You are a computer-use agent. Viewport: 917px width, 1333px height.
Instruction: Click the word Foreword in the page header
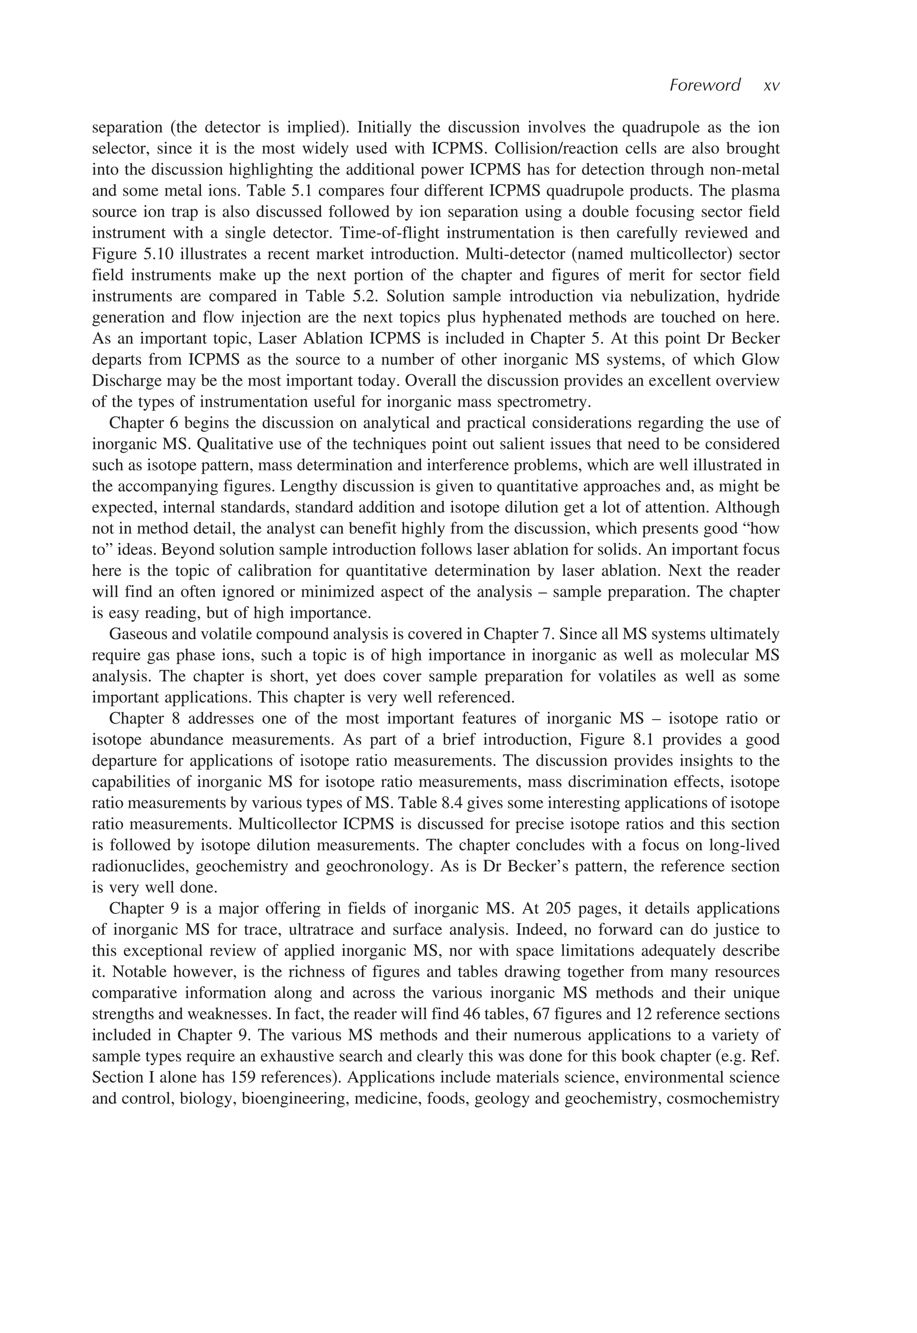coord(705,86)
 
